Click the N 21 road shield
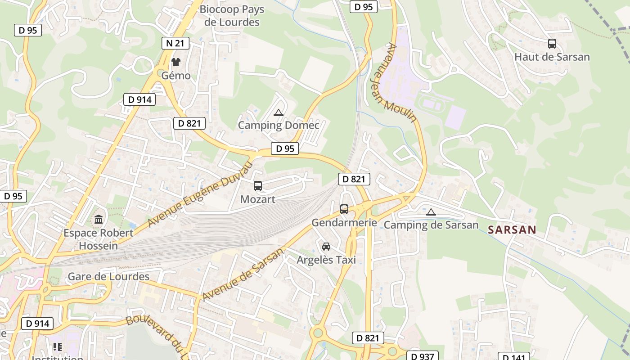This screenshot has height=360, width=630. click(x=175, y=43)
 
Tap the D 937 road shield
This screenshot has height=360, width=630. click(x=422, y=356)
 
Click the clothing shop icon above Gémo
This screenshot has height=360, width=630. click(x=176, y=62)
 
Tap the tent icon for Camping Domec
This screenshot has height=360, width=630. click(x=279, y=112)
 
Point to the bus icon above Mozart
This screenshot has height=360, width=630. click(x=258, y=185)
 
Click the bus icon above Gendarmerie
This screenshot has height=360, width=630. click(x=344, y=209)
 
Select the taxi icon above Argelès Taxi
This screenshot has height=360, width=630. click(x=326, y=246)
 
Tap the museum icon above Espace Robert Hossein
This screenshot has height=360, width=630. click(x=99, y=220)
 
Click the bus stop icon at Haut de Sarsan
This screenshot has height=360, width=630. click(x=552, y=44)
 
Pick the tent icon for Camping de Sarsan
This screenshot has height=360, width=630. click(x=431, y=212)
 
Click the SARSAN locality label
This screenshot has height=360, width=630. click(x=512, y=229)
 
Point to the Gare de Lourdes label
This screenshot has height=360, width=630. click(x=108, y=276)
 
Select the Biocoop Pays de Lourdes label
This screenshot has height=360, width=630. click(x=232, y=16)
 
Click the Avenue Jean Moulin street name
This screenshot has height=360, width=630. click(x=401, y=83)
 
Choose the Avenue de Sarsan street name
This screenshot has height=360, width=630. click(x=243, y=274)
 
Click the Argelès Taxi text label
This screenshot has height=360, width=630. click(x=326, y=260)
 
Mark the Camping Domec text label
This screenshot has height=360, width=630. click(x=279, y=125)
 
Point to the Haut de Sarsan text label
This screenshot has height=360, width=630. click(x=552, y=57)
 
